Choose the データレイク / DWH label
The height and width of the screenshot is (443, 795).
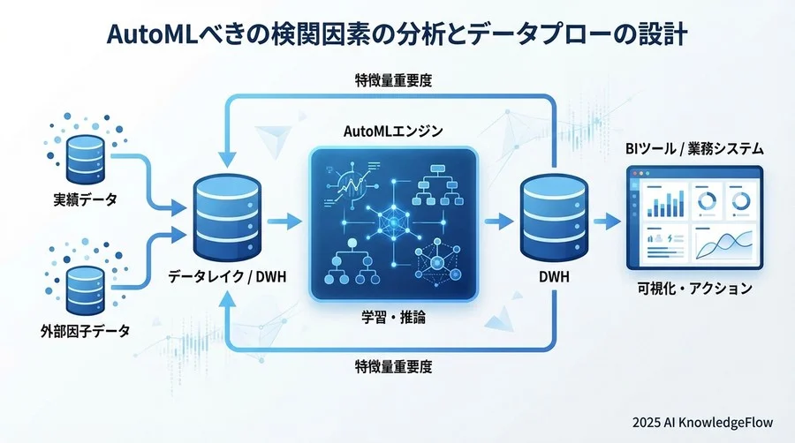click(227, 280)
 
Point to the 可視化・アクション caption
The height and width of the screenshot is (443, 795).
click(694, 288)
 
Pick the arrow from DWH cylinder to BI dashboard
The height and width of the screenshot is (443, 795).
click(606, 220)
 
